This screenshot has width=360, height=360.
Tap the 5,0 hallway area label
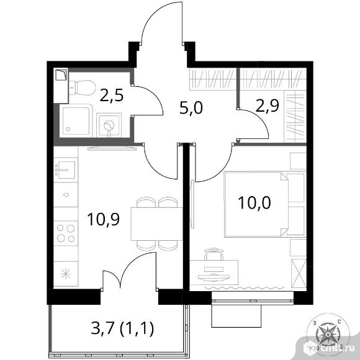pyautogui.click(x=191, y=108)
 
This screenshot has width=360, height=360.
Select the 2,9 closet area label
pyautogui.click(x=268, y=106)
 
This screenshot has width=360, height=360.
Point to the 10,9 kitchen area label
pyautogui.click(x=103, y=219)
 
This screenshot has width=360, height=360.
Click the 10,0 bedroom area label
pyautogui.click(x=254, y=203)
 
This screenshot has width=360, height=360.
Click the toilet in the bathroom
pyautogui.click(x=82, y=88)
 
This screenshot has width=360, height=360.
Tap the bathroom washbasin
pyautogui.click(x=109, y=125)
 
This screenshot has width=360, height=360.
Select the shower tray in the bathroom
pyautogui.click(x=76, y=121)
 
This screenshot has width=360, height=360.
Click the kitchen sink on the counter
pyautogui.click(x=66, y=170)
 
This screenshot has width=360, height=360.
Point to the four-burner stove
pyautogui.click(x=66, y=233)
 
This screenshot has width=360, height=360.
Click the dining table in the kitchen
pyautogui.click(x=156, y=224)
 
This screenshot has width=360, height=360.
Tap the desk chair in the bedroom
pyautogui.click(x=214, y=254)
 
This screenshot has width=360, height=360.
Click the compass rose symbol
pyautogui.click(x=328, y=334)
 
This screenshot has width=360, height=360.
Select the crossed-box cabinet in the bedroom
pyautogui.click(x=299, y=273)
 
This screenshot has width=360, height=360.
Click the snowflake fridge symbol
pyautogui.click(x=66, y=274)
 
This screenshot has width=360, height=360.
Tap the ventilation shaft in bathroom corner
pyautogui.click(x=61, y=75)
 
